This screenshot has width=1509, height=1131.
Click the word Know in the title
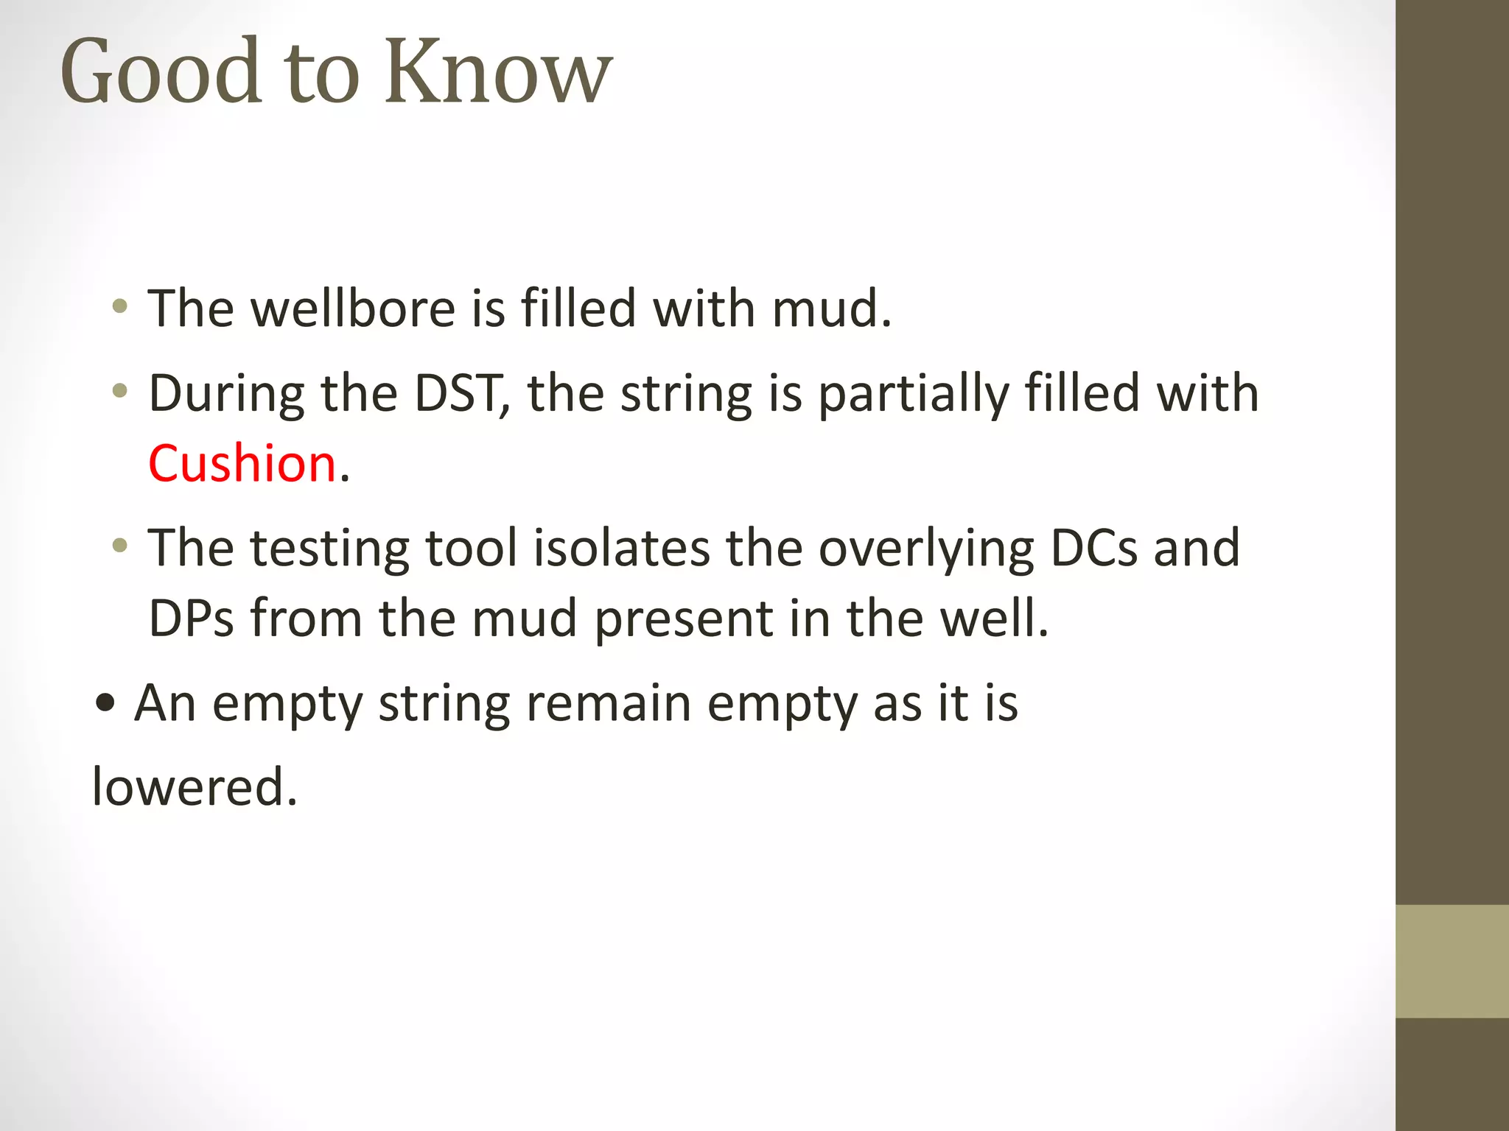coord(498,72)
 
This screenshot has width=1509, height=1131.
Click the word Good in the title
coord(161,72)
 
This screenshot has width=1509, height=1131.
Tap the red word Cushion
coord(242,464)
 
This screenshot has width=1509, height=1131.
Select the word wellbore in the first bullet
coord(353,308)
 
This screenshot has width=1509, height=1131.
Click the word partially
coord(914,395)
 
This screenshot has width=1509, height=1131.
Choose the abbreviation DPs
coord(191,618)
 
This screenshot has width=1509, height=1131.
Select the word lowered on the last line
coord(195,786)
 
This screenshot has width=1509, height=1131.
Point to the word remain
coord(609,703)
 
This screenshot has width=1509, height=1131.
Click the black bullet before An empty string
coord(106,703)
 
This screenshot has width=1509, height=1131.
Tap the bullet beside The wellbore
coord(120,306)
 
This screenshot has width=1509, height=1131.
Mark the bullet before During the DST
coord(120,391)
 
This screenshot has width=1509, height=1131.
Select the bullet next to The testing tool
coord(120,546)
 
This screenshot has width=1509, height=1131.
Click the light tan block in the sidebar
coord(1452,961)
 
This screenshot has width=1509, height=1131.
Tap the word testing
coord(329,549)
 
